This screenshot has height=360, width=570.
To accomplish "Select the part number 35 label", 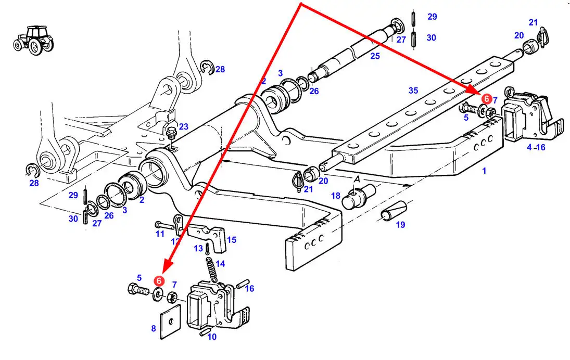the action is tap(413, 91).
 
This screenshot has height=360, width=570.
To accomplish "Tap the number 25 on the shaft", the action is tap(375, 56).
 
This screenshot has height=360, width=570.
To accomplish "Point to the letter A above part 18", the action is tap(357, 179).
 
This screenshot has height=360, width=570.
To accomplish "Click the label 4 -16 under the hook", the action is tap(536, 147).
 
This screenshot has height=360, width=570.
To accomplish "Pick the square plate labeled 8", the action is tap(171, 322).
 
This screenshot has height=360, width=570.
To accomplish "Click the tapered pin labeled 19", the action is tap(393, 210).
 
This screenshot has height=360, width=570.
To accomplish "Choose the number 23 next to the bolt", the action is tap(184, 126).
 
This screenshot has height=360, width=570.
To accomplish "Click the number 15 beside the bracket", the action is tap(232, 240).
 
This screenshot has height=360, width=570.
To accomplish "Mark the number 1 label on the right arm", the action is tap(484, 170).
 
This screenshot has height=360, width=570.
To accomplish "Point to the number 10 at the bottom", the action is tap(212, 337).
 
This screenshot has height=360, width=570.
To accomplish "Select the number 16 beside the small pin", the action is tap(249, 288).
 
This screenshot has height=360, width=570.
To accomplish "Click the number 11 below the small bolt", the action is tap(160, 234).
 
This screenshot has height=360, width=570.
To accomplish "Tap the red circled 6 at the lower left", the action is tap(159, 281).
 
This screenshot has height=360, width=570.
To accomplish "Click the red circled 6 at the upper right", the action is tap(486, 98).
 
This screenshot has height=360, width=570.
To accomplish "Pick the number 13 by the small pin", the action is tap(198, 249).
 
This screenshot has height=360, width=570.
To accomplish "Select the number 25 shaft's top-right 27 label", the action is tap(401, 39).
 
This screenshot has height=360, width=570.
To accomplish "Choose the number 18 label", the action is tap(336, 196).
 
